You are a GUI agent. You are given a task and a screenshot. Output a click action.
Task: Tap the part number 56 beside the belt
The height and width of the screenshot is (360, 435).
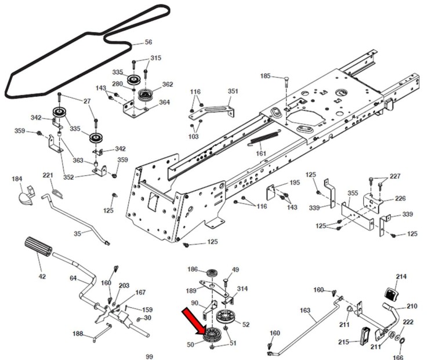click(x=148, y=42)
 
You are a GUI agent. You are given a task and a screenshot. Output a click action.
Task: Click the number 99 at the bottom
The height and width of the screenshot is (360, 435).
click(x=149, y=356)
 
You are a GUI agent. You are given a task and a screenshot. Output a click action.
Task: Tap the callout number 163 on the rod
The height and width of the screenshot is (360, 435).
click(x=306, y=311)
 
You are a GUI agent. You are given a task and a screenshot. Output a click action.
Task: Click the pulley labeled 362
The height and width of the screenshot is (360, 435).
click(x=144, y=94)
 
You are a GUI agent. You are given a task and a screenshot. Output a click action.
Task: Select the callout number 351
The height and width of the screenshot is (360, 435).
click(x=233, y=91)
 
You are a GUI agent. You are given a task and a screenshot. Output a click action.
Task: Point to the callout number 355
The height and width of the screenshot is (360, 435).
click(x=352, y=193)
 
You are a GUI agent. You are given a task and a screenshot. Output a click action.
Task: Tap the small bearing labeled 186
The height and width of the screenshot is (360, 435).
click(x=211, y=271)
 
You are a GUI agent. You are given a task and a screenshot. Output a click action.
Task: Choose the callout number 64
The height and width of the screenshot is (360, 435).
click(x=73, y=278)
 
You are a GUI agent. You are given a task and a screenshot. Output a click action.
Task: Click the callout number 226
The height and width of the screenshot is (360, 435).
click(x=400, y=198)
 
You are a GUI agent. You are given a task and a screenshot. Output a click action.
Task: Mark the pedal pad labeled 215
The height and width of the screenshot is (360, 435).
click(x=365, y=336)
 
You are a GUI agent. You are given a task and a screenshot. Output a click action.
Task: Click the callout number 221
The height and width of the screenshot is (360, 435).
click(x=48, y=176)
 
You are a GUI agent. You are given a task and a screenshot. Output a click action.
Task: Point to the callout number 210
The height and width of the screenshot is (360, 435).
click(x=411, y=306)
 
